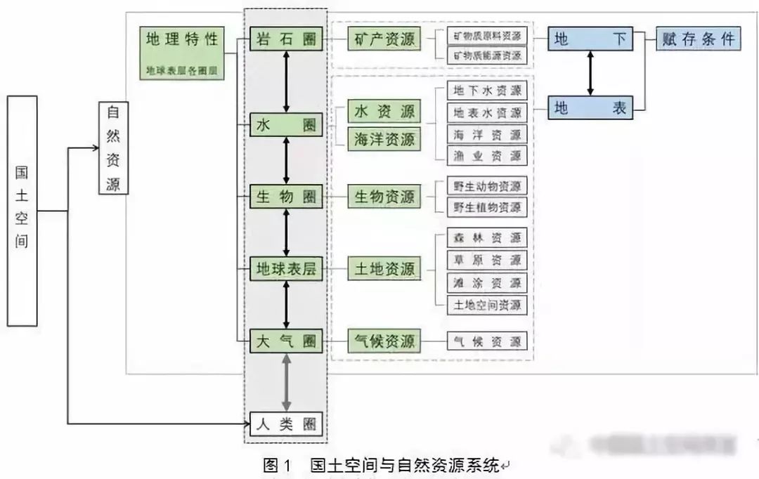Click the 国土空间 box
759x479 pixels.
coord(22,211)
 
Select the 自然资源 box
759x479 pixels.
coord(113,147)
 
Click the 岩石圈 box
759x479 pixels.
coord(286,39)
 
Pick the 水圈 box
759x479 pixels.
coord(286,126)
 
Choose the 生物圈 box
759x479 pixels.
coord(286,197)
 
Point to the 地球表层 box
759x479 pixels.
coord(286,270)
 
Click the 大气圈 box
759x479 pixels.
coord(286,342)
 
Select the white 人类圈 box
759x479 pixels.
coord(286,424)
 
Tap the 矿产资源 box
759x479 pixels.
coord(384,39)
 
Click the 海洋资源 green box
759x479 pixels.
coord(384,139)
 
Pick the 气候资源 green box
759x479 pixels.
coord(384,342)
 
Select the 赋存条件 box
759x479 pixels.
coord(697,39)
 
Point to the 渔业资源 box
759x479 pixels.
coord(487,155)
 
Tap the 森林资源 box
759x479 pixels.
coord(487,237)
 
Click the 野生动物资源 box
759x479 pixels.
coord(487,186)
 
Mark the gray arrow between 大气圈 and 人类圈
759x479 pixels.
coord(286,382)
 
